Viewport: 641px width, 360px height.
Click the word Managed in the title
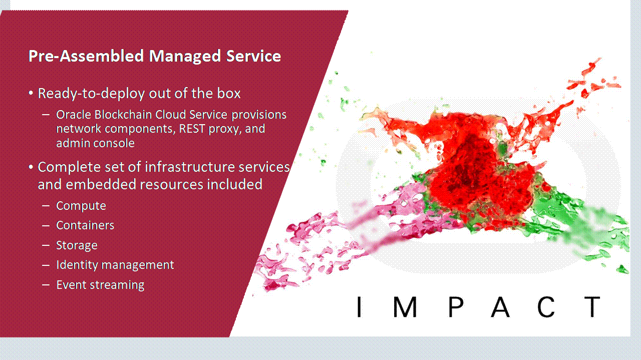185,56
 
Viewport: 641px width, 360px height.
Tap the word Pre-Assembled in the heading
86,56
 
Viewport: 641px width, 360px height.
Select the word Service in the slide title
253,56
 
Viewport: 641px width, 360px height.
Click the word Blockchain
123,115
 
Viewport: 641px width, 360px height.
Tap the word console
117,143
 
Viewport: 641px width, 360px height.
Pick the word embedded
101,184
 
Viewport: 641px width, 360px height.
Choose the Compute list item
81,206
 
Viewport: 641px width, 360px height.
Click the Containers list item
85,225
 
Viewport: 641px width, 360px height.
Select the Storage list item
77,245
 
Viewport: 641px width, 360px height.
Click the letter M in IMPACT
405,307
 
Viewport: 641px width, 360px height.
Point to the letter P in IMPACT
456,307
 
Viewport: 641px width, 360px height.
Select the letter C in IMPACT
546,307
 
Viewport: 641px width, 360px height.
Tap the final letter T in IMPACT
592,307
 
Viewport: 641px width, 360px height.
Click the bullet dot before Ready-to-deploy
31,93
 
